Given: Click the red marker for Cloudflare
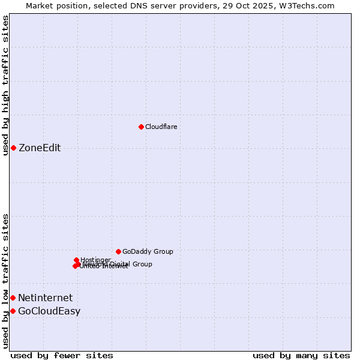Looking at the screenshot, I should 141,127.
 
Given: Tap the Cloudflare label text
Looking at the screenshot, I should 161,127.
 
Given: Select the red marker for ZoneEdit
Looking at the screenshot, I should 13,148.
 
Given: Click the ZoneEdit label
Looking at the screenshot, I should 40,148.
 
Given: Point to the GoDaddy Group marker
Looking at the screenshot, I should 118,251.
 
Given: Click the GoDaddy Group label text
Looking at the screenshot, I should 148,251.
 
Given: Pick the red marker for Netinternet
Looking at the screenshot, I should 13,298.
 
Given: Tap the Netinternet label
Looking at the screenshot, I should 45,298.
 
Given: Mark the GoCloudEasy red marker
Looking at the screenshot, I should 13,311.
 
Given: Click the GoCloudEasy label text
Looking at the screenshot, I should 49,311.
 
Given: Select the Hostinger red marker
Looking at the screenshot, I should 76,260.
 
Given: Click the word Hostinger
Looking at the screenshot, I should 95,260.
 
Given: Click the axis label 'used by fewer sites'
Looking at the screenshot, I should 62,355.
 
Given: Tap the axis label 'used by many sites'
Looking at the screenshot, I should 301,355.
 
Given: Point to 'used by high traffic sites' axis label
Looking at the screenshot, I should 5,85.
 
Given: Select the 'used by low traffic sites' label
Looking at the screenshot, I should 5,280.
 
